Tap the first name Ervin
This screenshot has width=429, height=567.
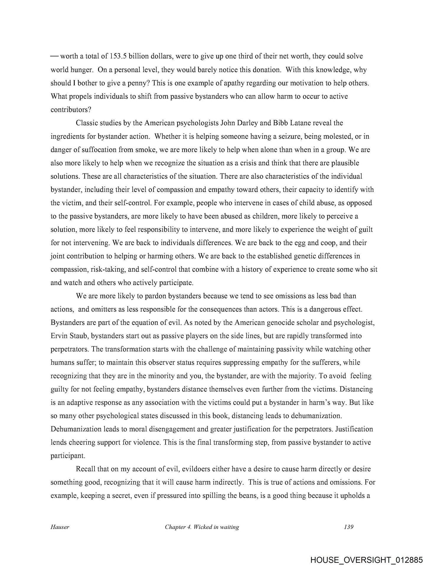click(x=59, y=336)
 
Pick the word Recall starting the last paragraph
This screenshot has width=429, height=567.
click(x=85, y=469)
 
